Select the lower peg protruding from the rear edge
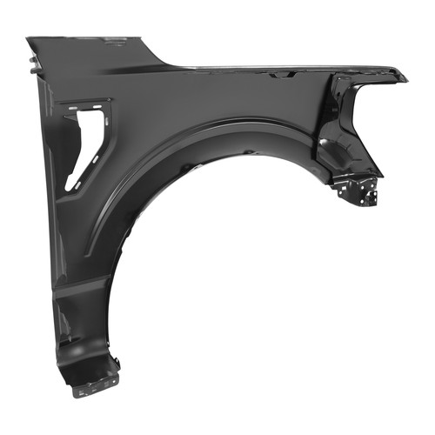(32, 73)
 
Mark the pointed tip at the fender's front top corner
(403, 78)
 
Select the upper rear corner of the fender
(30, 39)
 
